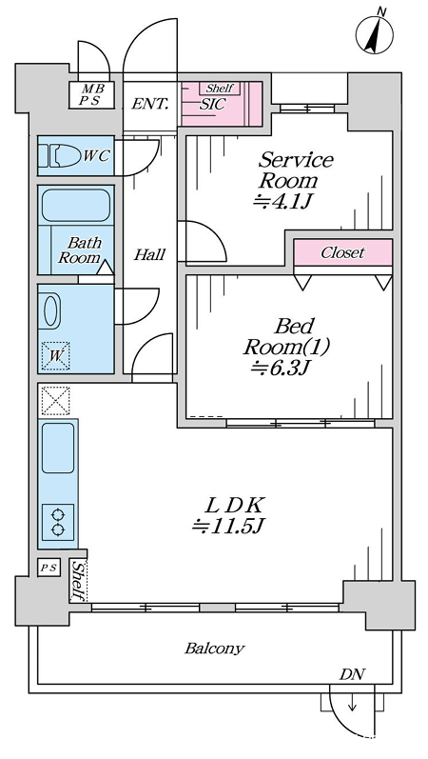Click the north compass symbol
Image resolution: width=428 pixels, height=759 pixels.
tap(375, 33)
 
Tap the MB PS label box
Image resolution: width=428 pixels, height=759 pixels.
tap(91, 95)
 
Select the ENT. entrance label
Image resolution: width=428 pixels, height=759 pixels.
tap(150, 103)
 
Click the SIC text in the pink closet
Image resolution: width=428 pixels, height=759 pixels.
tap(212, 105)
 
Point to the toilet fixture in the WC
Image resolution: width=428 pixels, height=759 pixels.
tap(60, 156)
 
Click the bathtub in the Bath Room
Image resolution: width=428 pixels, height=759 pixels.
tap(76, 206)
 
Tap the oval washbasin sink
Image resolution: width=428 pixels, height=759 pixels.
tap(50, 311)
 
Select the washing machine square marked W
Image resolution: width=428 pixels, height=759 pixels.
tap(55, 356)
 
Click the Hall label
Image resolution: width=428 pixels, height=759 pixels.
tap(149, 254)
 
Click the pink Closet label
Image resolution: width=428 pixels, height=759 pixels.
tap(343, 252)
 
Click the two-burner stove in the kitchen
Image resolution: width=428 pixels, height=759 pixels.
tap(58, 522)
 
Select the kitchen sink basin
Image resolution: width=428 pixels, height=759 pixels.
tap(58, 448)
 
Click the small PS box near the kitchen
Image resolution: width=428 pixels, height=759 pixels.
tap(49, 568)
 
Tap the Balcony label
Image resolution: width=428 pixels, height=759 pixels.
tap(215, 649)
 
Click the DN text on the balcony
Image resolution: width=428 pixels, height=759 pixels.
tap(352, 674)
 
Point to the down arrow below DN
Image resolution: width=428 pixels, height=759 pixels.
tap(352, 704)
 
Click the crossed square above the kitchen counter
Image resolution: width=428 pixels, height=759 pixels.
tap(55, 401)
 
